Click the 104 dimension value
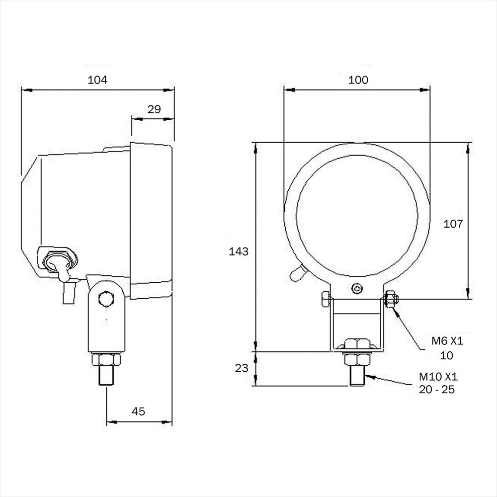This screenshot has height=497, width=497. click(97, 80)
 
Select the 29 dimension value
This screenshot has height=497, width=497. click(154, 109)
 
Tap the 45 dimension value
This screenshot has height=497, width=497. click(138, 412)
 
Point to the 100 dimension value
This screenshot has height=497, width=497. click(358, 80)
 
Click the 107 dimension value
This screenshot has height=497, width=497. click(453, 224)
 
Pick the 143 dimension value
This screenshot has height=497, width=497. click(239, 251)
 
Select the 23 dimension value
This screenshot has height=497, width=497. click(242, 368)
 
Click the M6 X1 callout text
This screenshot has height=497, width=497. click(447, 341)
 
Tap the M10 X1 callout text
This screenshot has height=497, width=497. click(438, 377)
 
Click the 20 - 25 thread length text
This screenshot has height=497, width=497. click(437, 390)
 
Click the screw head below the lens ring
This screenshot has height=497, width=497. click(357, 288)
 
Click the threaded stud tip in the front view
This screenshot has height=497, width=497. click(357, 376)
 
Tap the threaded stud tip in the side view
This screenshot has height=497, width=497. click(106, 376)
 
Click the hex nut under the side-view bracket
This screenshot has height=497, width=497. click(106, 359)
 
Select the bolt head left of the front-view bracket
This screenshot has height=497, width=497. click(326, 300)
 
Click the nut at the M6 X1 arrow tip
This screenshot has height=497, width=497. click(391, 299)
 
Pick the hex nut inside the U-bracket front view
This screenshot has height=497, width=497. click(357, 344)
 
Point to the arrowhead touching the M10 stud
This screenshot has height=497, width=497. click(370, 377)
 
